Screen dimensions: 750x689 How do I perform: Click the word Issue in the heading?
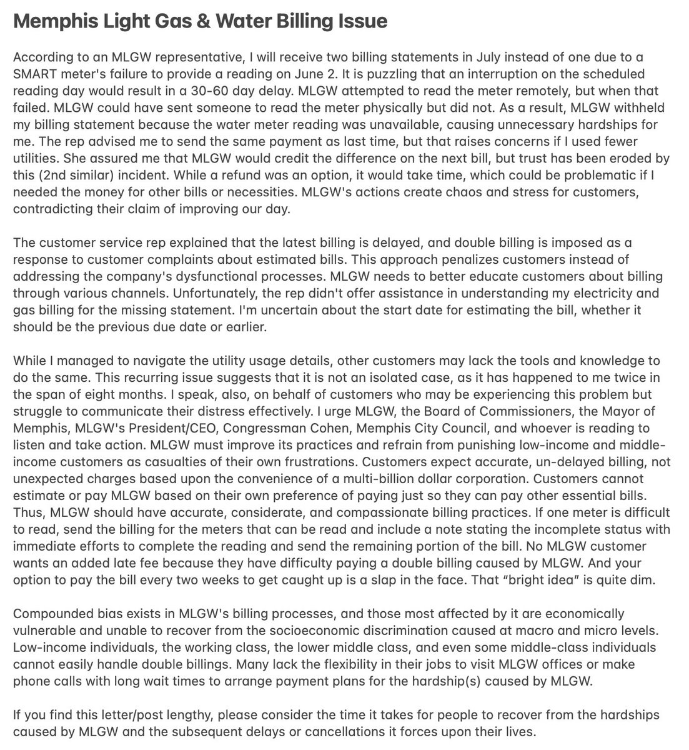362,21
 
